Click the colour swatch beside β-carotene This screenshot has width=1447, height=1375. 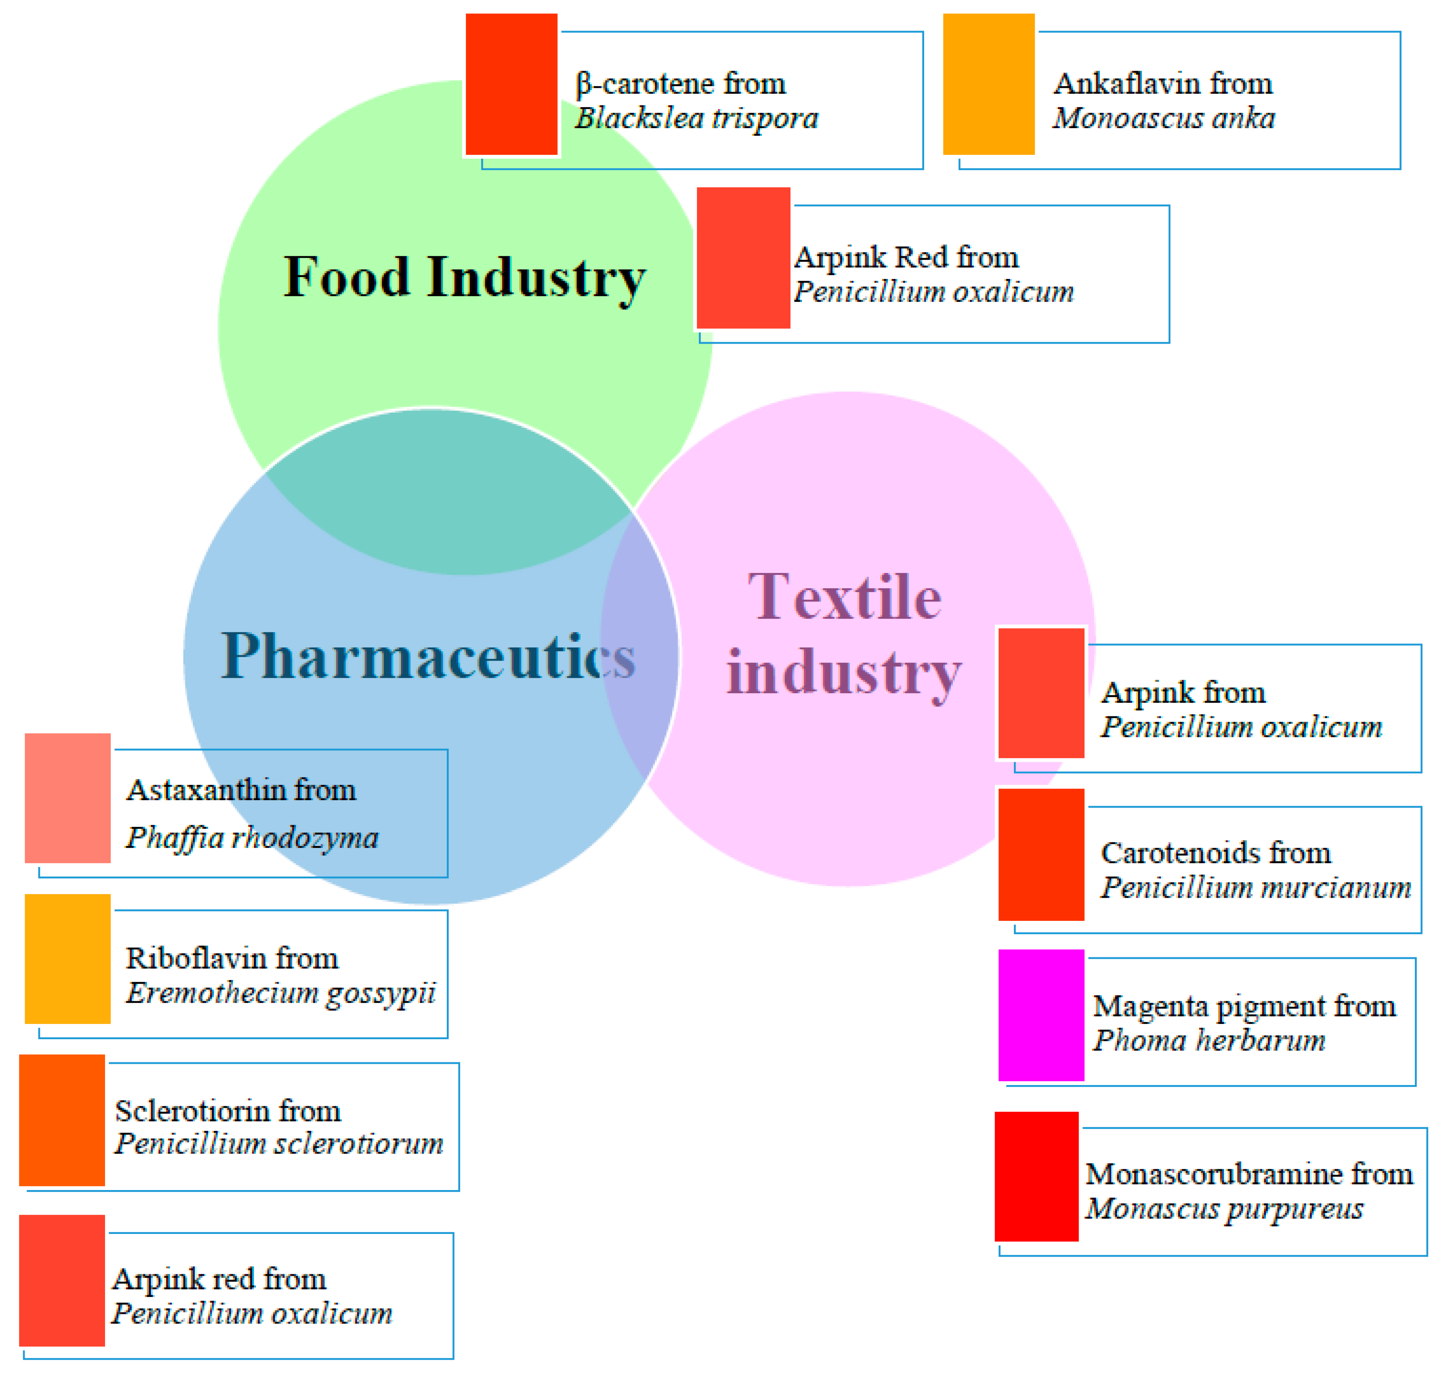(x=511, y=84)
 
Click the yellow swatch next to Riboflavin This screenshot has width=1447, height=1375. (x=67, y=959)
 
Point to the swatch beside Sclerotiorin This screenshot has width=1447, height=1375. (x=62, y=1120)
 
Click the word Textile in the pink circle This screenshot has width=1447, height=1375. (x=845, y=597)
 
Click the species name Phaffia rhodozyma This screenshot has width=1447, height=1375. (x=252, y=838)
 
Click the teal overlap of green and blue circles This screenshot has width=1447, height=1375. (x=447, y=498)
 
